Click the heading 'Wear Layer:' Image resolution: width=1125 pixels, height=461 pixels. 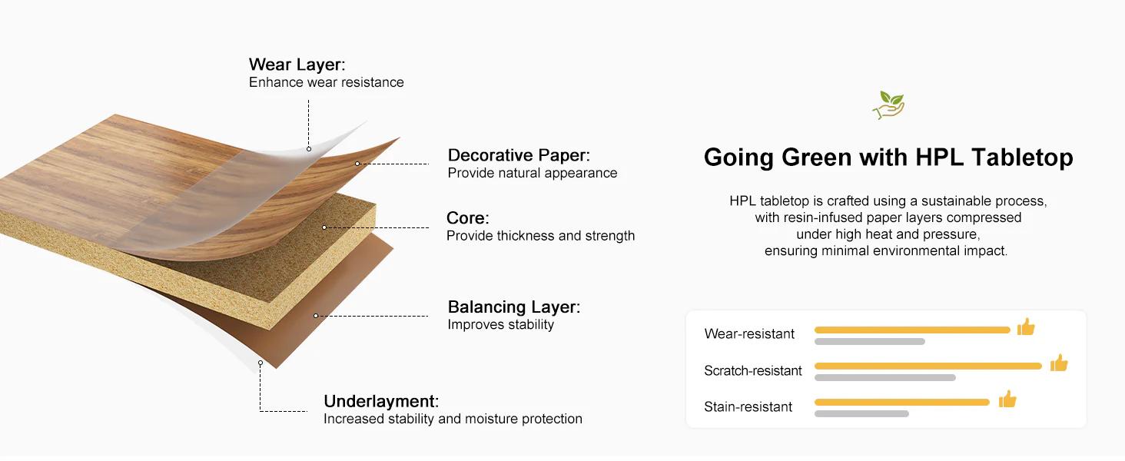pos(297,65)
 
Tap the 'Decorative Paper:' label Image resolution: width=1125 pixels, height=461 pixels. pos(519,155)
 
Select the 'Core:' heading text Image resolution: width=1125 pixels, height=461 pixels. pos(467,218)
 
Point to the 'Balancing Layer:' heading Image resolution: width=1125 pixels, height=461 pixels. pos(514,307)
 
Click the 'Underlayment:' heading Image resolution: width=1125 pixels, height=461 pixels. pos(381,401)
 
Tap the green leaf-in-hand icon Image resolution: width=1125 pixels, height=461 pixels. pos(888,105)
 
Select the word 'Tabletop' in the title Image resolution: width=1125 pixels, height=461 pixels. pos(1022,158)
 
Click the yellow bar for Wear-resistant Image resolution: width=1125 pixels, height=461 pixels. pos(912,330)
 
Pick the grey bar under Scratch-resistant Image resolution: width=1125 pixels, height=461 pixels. pos(885,378)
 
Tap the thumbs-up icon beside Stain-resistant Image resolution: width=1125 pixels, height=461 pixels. pos(1007,400)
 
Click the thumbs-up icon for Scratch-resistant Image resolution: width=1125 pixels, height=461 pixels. pos(1059,363)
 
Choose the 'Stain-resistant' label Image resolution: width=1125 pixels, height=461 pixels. pos(748,406)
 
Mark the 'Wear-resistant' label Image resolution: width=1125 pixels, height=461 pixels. pos(749,334)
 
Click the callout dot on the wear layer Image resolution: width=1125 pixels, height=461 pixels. pos(309,149)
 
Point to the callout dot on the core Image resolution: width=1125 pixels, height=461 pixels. pos(324,227)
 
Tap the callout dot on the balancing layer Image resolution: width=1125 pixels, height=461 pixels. pos(316,316)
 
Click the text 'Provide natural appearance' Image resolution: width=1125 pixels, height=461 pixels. pos(533,173)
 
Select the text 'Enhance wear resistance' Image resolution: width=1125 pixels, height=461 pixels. pos(327,82)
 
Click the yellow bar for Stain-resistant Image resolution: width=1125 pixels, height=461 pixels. pos(902,403)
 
